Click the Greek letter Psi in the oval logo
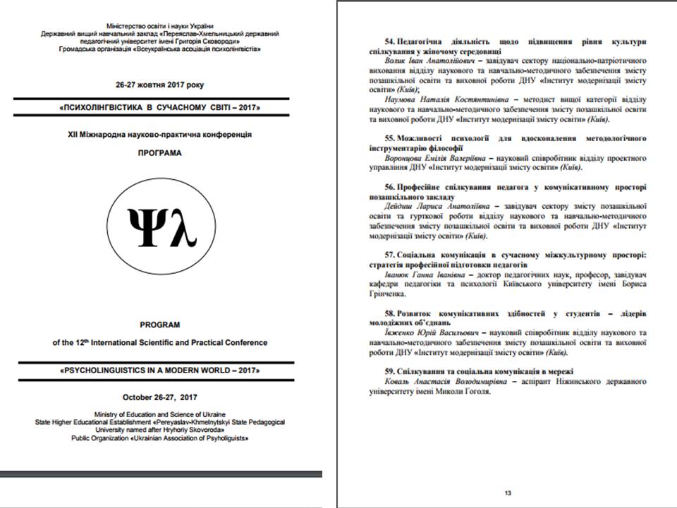tap(145, 227)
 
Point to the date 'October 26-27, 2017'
tap(160, 397)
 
